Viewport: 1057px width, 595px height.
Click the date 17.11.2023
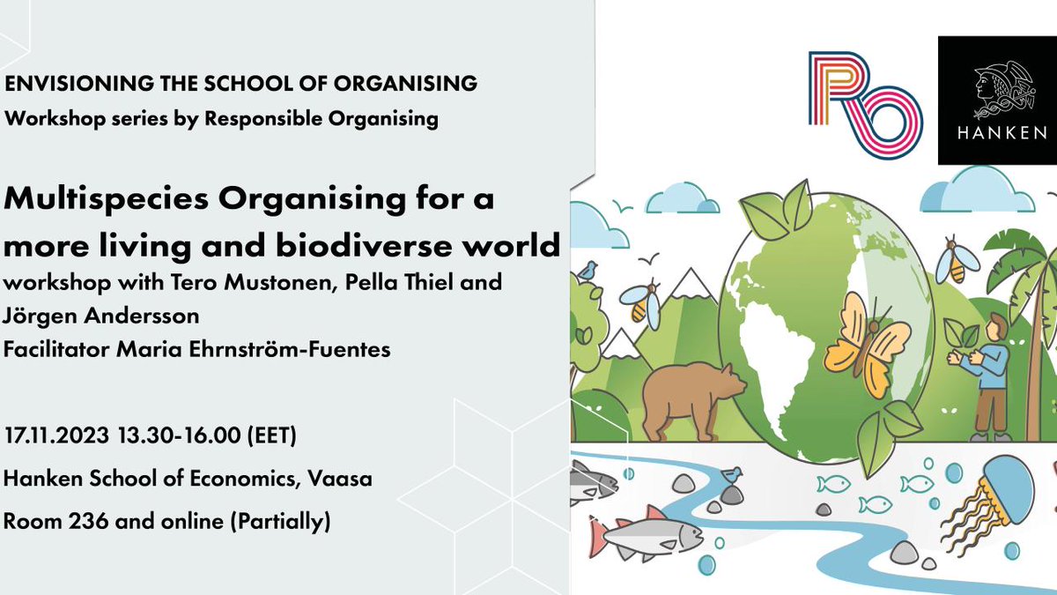(x=58, y=436)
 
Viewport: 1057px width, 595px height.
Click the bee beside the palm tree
(x=957, y=261)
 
